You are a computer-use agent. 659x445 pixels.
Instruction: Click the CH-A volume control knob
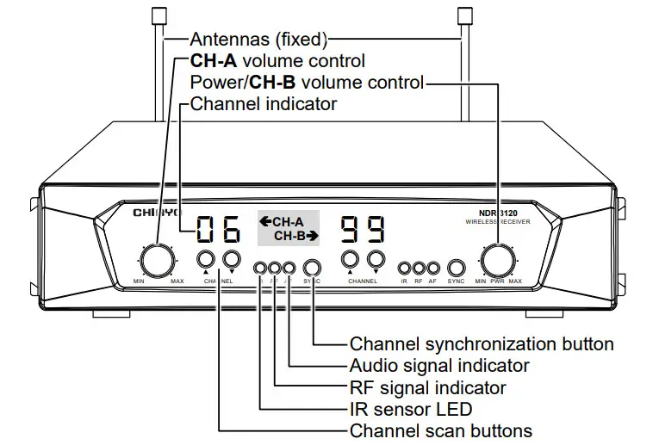pyautogui.click(x=156, y=259)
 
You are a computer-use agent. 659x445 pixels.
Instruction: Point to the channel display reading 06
pyautogui.click(x=217, y=230)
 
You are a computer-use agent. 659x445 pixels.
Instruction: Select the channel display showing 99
pyautogui.click(x=363, y=230)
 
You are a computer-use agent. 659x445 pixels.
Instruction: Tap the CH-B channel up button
pyautogui.click(x=350, y=259)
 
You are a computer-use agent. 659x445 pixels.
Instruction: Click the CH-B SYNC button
pyautogui.click(x=457, y=268)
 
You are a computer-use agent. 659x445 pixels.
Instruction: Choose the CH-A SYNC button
pyautogui.click(x=313, y=268)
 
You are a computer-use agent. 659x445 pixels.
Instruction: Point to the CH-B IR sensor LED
pyautogui.click(x=404, y=268)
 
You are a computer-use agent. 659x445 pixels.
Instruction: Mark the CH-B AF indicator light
pyautogui.click(x=433, y=268)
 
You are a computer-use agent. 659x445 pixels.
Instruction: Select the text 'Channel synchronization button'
pyautogui.click(x=482, y=343)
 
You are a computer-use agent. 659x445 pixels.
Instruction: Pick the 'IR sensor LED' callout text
pyautogui.click(x=411, y=409)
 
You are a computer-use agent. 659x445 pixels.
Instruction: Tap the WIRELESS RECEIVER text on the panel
pyautogui.click(x=492, y=224)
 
